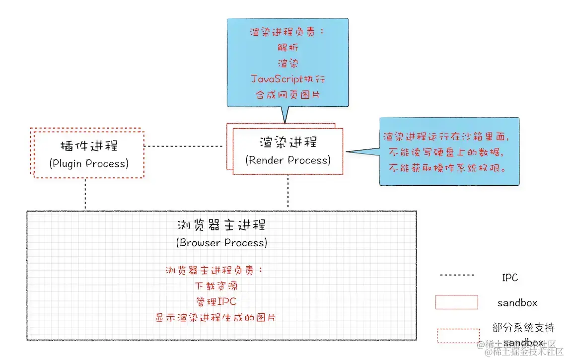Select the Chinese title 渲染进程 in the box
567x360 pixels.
tap(288, 143)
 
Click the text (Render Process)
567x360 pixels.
tap(288, 160)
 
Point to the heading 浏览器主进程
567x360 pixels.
tap(221, 225)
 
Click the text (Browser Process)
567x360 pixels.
tap(221, 243)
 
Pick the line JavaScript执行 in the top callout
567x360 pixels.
tap(288, 79)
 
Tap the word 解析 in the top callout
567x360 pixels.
tap(288, 48)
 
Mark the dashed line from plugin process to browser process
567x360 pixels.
tap(85, 194)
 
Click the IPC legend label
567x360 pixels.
tap(510, 278)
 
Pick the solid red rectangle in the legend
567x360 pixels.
tap(456, 302)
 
